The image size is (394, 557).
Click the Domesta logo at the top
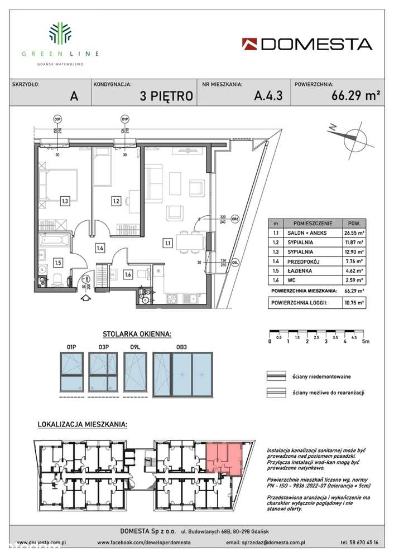point(307,43)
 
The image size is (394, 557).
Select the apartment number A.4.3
point(268,95)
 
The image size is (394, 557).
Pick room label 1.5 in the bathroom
point(57,260)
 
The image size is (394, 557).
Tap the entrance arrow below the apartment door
point(84,298)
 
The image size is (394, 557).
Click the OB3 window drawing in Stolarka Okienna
point(182,374)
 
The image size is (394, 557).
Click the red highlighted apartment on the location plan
point(225,458)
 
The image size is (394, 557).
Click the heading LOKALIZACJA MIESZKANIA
point(81,425)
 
